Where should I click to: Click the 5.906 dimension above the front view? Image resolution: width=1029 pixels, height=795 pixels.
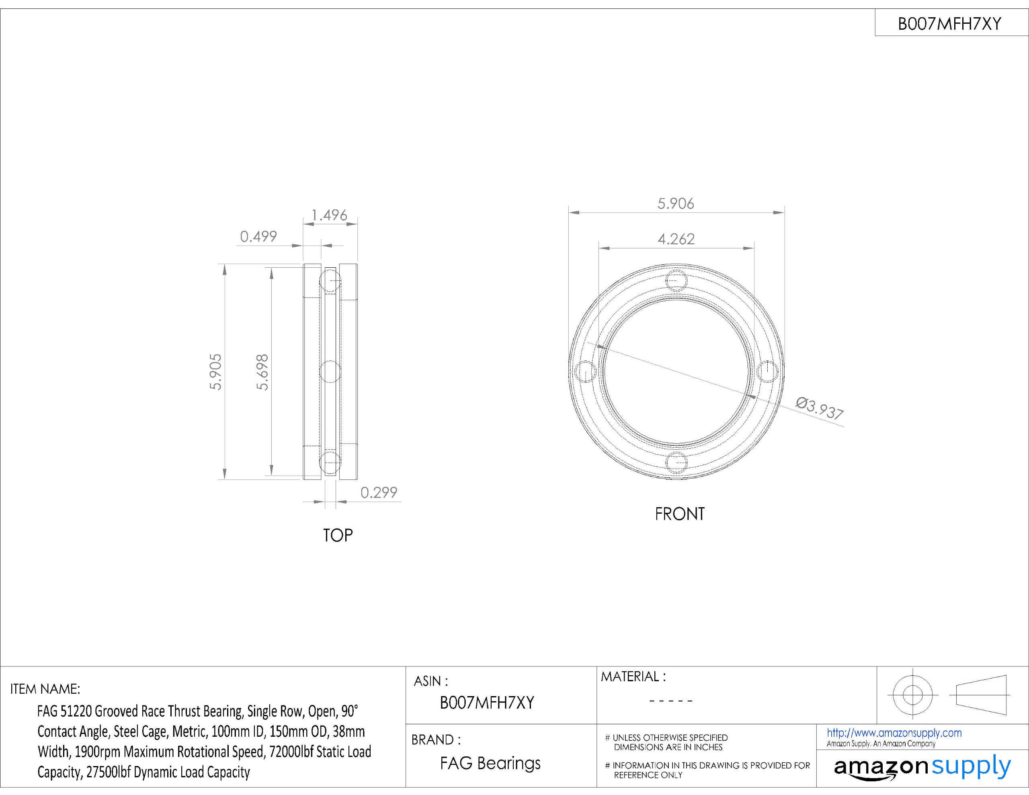pyautogui.click(x=676, y=204)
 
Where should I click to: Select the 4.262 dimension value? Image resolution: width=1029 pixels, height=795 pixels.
pyautogui.click(x=676, y=239)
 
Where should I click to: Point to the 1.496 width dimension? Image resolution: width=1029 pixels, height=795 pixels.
pyautogui.click(x=329, y=215)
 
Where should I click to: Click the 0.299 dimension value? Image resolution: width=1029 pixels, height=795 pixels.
pyautogui.click(x=379, y=492)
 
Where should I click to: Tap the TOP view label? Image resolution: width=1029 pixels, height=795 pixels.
pyautogui.click(x=338, y=535)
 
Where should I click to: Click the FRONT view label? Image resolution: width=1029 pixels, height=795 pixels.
pyautogui.click(x=680, y=514)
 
